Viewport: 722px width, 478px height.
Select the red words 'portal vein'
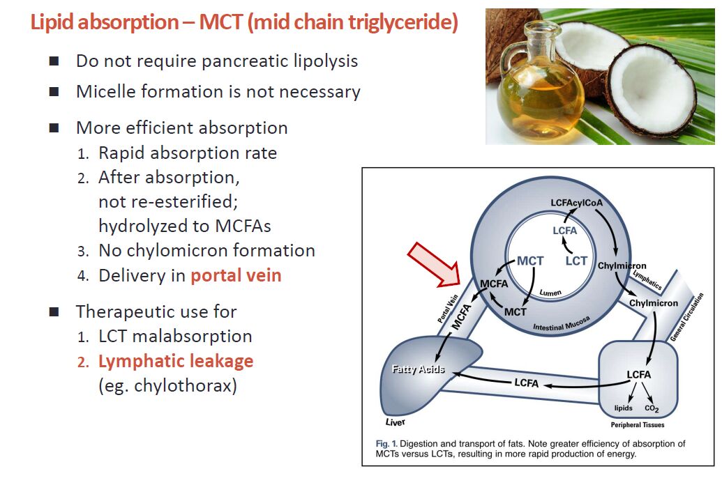(x=236, y=275)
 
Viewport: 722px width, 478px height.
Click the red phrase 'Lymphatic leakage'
(x=176, y=361)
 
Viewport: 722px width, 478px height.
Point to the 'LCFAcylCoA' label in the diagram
(x=576, y=203)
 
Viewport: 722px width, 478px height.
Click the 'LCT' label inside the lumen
(x=576, y=261)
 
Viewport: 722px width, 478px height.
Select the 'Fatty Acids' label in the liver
(x=418, y=369)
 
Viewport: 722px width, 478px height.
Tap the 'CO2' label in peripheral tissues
(x=652, y=408)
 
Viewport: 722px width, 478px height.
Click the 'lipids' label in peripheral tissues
(x=623, y=408)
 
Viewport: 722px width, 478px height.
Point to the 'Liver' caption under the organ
(x=395, y=422)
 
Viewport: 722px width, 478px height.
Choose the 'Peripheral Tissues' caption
(x=638, y=424)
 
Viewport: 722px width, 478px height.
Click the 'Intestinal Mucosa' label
(x=562, y=324)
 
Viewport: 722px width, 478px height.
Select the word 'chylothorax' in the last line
(x=185, y=385)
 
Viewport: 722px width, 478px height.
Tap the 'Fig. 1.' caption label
(x=386, y=444)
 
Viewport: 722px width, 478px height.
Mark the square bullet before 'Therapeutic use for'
(x=54, y=312)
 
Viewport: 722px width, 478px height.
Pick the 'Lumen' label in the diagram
(x=550, y=293)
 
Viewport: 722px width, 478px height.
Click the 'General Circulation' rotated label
(x=686, y=317)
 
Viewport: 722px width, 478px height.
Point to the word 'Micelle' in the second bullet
(x=105, y=91)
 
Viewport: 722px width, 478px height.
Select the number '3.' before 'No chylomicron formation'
(x=83, y=251)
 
